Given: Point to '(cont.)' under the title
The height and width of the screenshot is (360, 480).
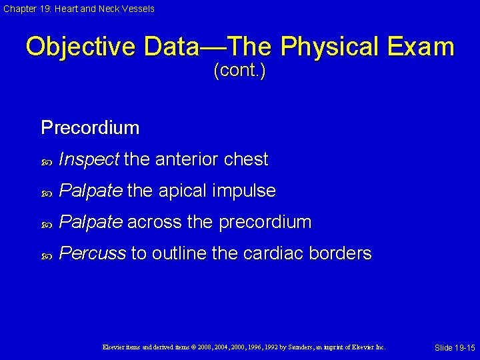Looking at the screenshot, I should [x=239, y=71].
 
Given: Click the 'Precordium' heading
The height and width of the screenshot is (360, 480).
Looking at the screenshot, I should [x=90, y=127].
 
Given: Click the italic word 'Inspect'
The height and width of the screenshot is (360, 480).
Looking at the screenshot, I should [x=89, y=160].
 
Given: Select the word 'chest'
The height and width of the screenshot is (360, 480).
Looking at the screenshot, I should [x=246, y=159].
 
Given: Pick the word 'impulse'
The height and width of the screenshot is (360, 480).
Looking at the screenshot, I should [x=244, y=191].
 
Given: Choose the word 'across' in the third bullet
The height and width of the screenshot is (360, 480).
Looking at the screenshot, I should [x=154, y=223].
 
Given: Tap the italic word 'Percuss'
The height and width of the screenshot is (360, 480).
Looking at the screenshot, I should [x=92, y=254].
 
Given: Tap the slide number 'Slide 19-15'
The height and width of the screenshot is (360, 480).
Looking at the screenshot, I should [x=455, y=348].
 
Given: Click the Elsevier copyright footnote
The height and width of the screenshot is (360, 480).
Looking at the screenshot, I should [x=244, y=347].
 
